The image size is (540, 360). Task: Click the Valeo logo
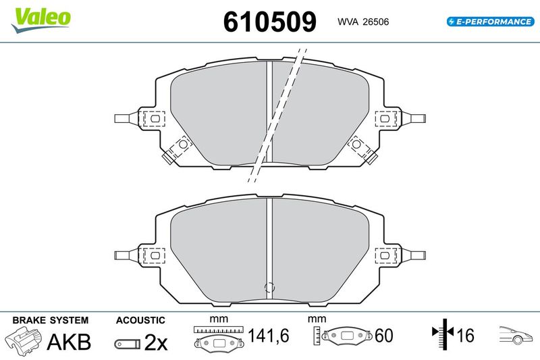[x=40, y=20]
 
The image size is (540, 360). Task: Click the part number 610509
[x=269, y=22]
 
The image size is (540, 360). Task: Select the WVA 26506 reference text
[x=363, y=22]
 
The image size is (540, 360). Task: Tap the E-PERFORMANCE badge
[x=491, y=22]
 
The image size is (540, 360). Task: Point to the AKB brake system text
[x=69, y=341]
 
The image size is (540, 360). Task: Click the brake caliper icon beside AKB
[x=24, y=340]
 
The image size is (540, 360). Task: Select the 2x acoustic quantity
[x=156, y=342]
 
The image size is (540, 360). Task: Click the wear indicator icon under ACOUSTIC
[x=128, y=344]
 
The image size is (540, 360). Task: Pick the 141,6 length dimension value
[x=269, y=336]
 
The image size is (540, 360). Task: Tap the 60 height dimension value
[x=383, y=336]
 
